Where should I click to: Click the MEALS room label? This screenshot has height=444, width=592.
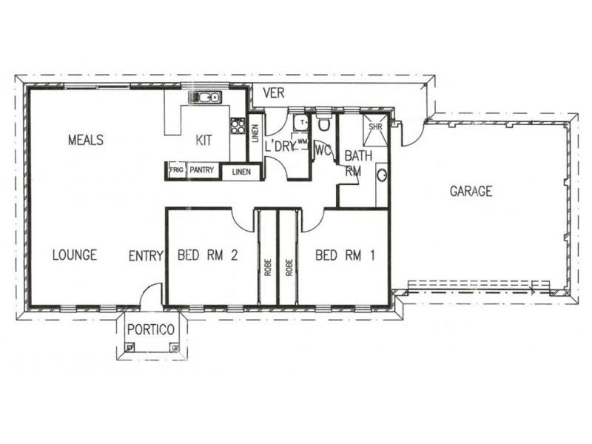point(86,140)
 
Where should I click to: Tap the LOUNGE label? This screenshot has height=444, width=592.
point(75,255)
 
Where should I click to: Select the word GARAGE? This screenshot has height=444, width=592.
point(471,191)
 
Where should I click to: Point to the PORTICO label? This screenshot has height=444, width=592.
point(151,329)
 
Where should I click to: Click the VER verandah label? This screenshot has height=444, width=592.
point(274,92)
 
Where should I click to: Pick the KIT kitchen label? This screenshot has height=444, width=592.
point(203,141)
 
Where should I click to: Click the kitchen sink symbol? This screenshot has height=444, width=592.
point(205,98)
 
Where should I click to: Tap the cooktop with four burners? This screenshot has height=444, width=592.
point(238,126)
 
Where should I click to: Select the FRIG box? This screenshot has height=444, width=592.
point(176,170)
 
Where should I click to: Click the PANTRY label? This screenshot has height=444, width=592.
point(201,170)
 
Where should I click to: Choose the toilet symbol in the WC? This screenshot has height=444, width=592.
point(323,123)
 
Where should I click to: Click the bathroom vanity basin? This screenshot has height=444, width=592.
point(382,175)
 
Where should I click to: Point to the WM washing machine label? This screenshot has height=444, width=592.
point(302,141)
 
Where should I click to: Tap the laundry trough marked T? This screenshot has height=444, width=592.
point(301,122)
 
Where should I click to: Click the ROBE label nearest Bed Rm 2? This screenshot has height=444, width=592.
point(268,267)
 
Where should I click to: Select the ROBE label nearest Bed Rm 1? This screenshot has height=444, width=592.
point(289,267)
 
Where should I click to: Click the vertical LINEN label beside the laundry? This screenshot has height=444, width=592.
point(255,134)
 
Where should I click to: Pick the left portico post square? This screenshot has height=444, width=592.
point(129,347)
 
